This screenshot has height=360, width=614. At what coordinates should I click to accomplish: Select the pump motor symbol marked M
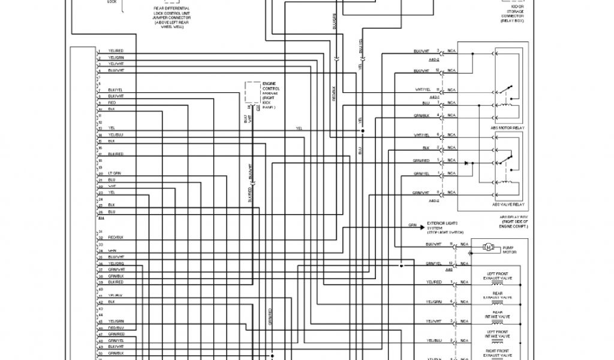(x=487, y=247)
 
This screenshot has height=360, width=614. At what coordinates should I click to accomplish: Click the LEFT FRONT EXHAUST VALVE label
(x=497, y=277)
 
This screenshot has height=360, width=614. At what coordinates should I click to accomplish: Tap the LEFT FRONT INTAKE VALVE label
(x=497, y=334)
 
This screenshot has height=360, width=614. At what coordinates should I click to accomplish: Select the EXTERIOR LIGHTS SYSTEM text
(x=445, y=227)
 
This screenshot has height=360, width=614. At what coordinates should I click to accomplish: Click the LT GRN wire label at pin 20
(x=114, y=173)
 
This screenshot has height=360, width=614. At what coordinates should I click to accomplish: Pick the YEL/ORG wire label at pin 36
(x=116, y=263)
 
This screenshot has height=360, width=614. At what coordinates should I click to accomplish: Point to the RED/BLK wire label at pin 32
(x=116, y=238)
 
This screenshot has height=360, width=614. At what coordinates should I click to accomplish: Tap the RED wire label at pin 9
(x=112, y=103)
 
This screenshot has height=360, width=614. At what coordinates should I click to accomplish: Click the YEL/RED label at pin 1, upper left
(x=116, y=51)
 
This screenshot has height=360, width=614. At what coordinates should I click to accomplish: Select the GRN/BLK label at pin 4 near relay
(x=422, y=115)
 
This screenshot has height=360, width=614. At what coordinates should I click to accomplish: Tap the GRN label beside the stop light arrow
(x=413, y=226)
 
